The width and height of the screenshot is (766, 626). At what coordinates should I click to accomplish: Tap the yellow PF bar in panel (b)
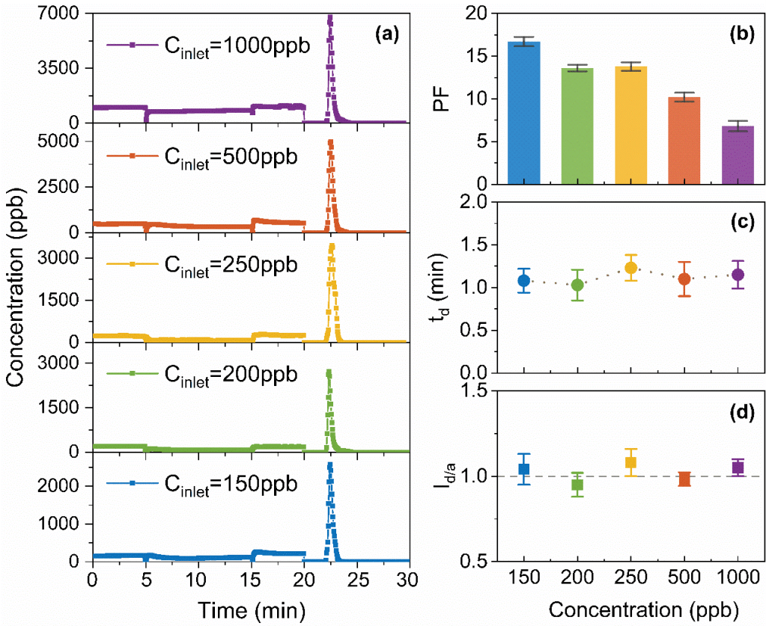tap(630, 125)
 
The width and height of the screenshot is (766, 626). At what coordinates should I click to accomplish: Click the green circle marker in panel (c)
tap(577, 284)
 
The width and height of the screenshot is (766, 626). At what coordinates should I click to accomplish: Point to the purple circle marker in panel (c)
tap(738, 274)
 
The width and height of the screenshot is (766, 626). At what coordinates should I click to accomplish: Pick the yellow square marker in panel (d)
tap(630, 462)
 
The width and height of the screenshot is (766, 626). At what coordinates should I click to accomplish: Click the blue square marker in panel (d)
tap(524, 469)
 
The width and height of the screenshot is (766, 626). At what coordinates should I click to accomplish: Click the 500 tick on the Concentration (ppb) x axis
tap(684, 579)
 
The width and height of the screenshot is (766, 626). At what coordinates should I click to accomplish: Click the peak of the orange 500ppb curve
tap(330, 141)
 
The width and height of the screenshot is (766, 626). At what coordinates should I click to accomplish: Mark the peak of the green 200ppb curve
tap(329, 372)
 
